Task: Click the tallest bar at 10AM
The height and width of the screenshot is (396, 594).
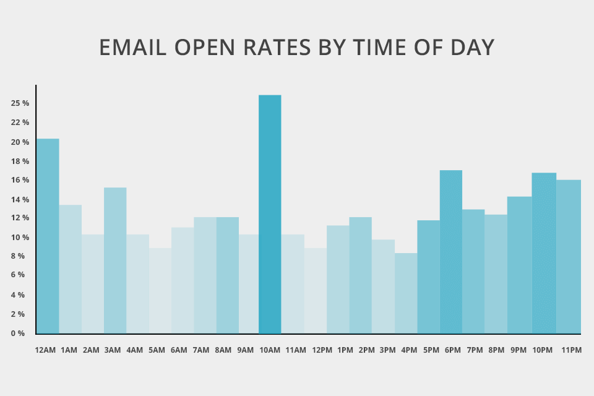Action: click(x=270, y=214)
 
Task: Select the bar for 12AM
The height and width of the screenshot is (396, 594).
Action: click(x=48, y=236)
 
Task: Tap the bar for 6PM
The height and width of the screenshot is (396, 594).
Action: click(x=451, y=251)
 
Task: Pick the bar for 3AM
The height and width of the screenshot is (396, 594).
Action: click(x=115, y=260)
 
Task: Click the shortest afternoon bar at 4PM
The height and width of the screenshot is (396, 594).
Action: click(x=406, y=293)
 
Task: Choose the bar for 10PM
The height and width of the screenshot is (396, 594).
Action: click(x=544, y=252)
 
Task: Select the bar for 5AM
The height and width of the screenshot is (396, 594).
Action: click(x=160, y=290)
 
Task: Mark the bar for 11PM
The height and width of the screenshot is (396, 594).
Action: click(x=569, y=256)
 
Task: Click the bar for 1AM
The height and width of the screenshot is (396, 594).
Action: click(x=71, y=269)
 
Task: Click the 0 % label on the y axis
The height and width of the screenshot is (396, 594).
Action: click(x=17, y=334)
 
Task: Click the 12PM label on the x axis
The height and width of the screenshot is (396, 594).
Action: click(x=322, y=350)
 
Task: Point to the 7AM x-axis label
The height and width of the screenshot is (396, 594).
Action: click(x=201, y=350)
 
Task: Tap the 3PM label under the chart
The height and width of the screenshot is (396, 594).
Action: click(x=387, y=350)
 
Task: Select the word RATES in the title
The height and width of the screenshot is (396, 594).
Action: click(x=274, y=48)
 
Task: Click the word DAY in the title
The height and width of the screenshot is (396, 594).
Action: click(x=473, y=48)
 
